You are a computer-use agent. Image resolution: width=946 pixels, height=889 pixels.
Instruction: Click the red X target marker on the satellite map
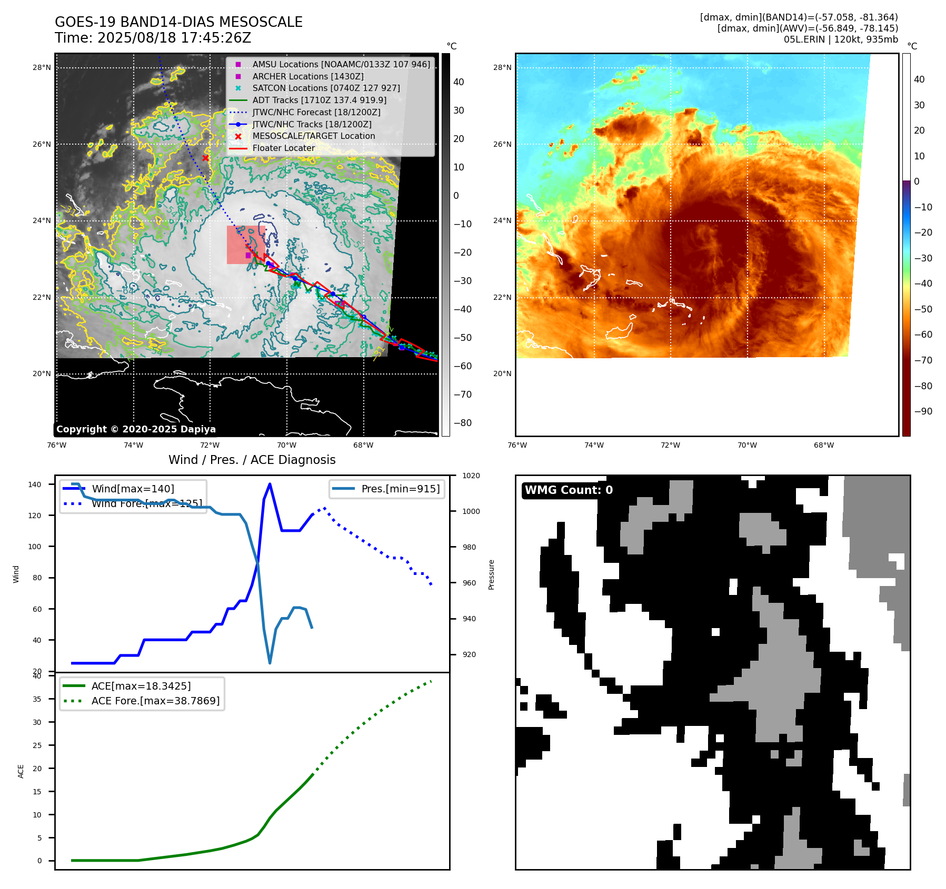(x=205, y=158)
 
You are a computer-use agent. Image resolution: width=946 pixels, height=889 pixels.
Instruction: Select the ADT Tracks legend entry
(x=319, y=100)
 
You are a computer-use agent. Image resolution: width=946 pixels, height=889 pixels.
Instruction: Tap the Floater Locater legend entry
(x=283, y=148)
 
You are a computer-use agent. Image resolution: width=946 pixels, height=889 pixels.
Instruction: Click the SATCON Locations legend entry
(x=326, y=88)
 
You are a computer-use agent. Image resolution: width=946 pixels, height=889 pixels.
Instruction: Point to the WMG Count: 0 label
(x=569, y=490)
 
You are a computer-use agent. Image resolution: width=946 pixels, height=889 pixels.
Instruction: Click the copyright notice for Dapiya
(x=136, y=429)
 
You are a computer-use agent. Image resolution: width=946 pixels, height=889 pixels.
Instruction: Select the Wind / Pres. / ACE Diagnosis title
(x=252, y=460)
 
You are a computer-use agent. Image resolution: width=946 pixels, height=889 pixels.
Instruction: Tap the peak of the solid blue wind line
(x=270, y=484)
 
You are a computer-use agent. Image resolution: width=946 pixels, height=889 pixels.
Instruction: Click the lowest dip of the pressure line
(x=270, y=663)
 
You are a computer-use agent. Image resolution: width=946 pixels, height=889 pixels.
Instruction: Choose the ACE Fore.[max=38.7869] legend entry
(x=155, y=701)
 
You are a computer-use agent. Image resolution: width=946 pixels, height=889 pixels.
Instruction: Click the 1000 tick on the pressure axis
(x=471, y=511)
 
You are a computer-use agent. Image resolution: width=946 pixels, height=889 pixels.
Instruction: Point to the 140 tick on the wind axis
(x=35, y=484)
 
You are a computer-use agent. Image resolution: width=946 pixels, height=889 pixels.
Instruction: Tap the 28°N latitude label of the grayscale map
(x=42, y=67)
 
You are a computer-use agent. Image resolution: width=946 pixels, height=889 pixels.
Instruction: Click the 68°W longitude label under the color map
(x=823, y=445)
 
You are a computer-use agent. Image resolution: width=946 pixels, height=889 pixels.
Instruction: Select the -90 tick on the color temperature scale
(x=923, y=411)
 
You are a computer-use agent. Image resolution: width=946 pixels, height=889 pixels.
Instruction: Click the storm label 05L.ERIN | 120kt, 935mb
(x=840, y=39)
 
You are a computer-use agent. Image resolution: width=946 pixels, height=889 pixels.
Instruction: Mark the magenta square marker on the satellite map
(x=248, y=255)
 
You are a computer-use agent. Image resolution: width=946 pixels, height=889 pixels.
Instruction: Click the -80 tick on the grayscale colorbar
(x=462, y=423)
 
